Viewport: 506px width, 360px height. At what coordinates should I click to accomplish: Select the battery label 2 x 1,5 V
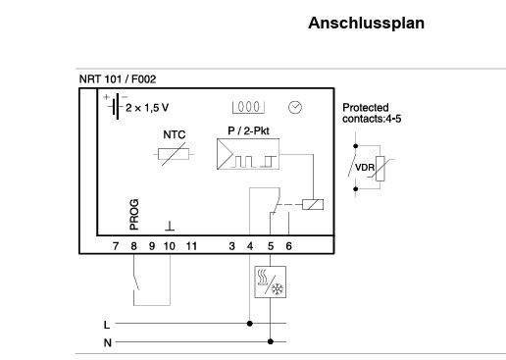pos(145,108)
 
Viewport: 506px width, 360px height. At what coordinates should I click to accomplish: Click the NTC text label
pos(173,134)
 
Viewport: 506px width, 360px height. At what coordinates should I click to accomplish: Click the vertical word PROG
pos(134,214)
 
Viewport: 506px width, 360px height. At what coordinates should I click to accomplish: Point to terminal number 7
pos(115,244)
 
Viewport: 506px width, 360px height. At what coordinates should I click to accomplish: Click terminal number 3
pos(231,244)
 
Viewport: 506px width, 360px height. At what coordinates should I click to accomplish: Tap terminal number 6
pos(288,244)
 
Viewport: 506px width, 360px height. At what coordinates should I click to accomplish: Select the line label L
pos(106,323)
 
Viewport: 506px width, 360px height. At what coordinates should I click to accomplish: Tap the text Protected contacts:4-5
pos(369,113)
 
